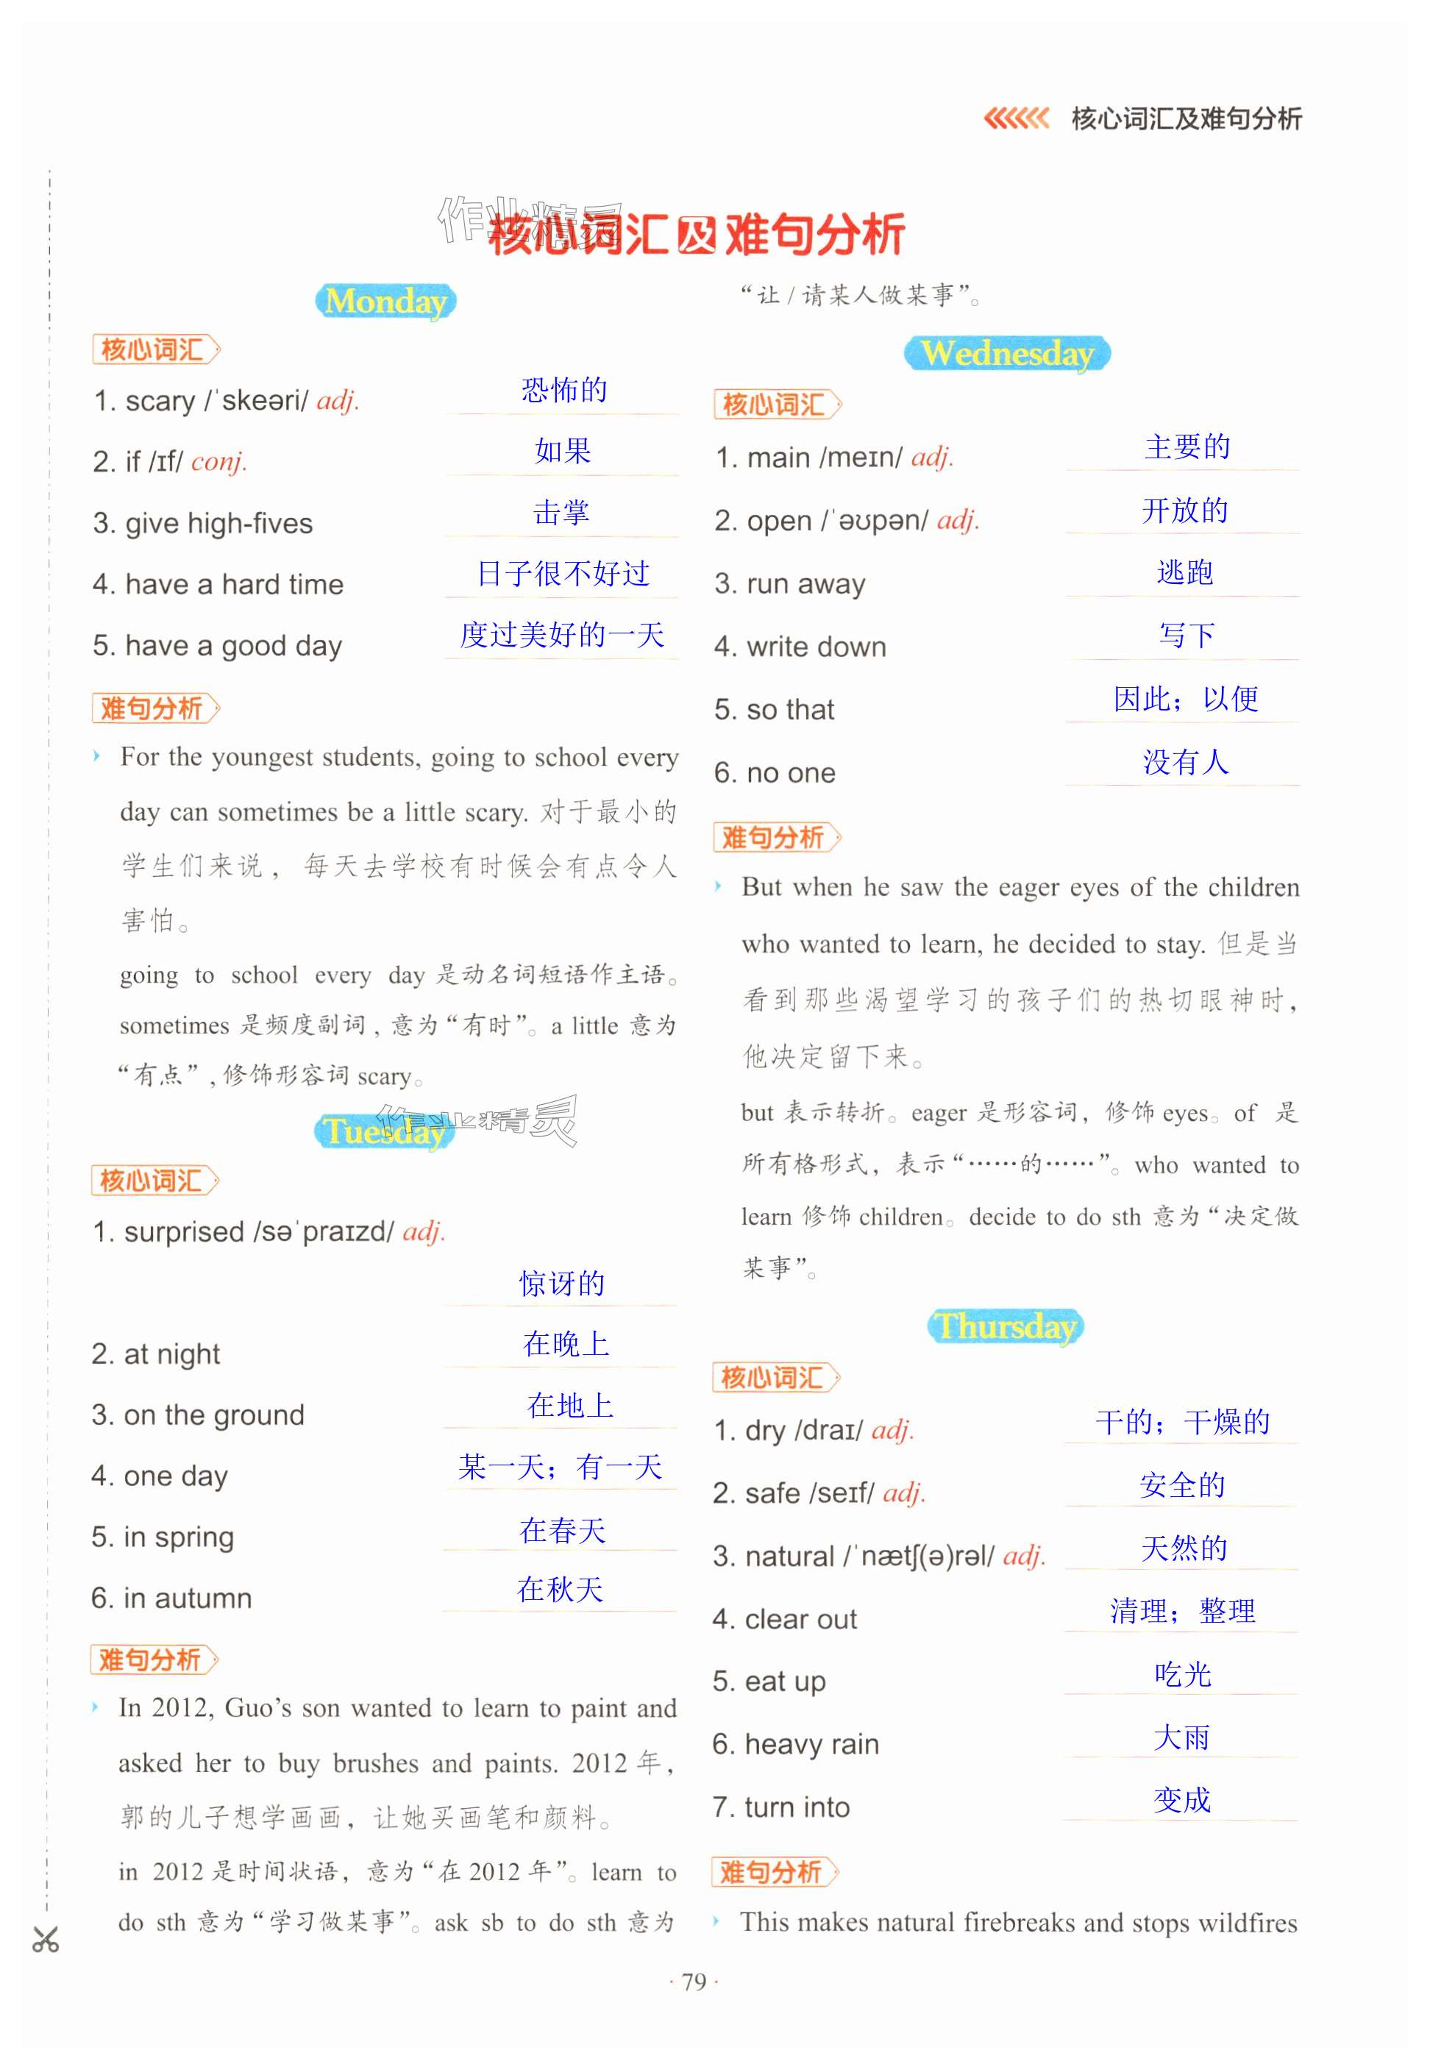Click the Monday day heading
385,301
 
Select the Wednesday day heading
1007,353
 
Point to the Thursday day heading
1006,1326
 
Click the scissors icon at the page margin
46,1940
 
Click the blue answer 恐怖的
564,390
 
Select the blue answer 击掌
562,513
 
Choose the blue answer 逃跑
1184,572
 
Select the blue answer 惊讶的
562,1283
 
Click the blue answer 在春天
563,1529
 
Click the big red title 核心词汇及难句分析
696,235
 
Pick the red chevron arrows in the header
1016,118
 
